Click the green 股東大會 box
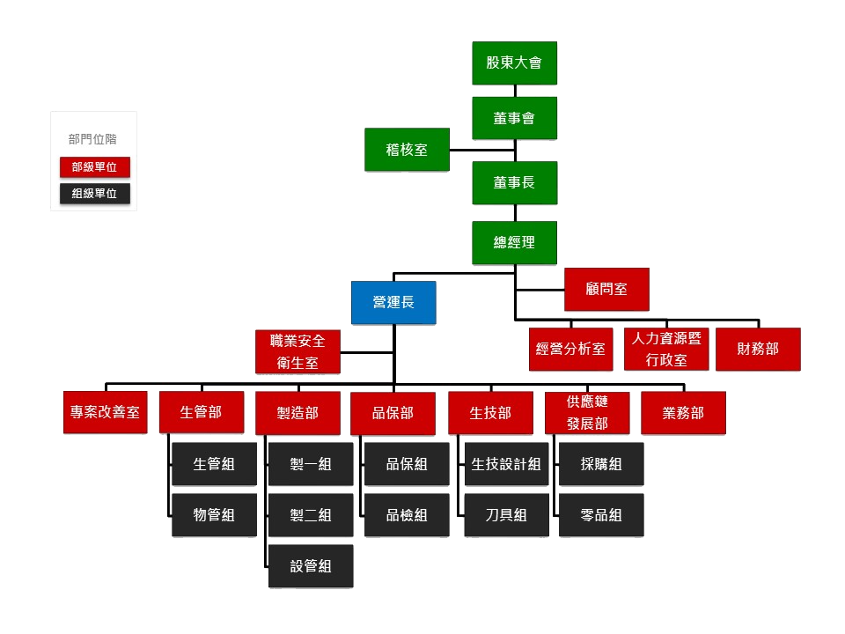514,63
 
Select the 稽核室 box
407,150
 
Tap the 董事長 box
514,183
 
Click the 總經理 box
514,243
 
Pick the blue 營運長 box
393,302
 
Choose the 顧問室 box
606,290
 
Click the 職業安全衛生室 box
298,351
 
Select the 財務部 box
758,350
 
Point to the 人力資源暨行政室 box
666,350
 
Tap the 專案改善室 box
105,412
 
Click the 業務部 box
683,413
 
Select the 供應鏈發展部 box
587,413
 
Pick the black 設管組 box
311,566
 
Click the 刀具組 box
507,515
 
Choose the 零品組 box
601,515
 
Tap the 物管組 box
215,515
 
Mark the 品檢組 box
407,515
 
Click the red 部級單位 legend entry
95,167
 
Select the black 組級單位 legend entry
95,194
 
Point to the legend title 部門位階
92,139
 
